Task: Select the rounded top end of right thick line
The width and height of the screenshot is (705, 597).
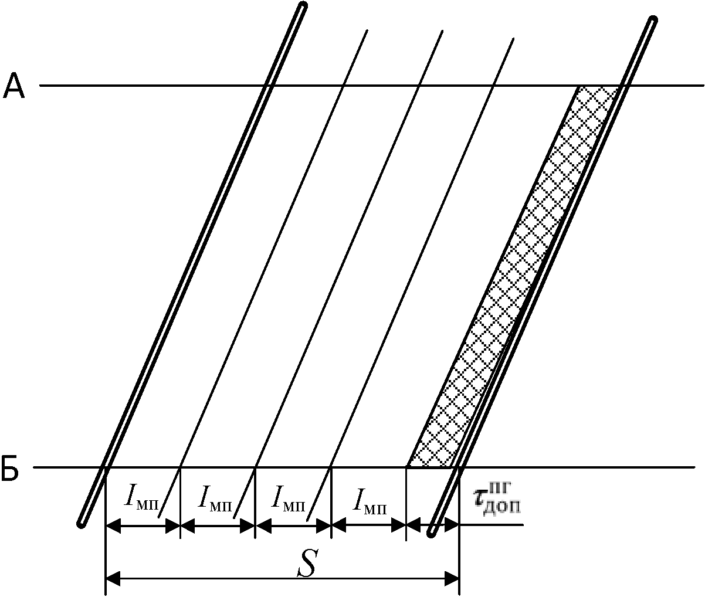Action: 653,21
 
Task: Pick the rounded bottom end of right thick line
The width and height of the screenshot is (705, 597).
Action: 432,532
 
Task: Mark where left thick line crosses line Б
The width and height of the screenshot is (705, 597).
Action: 105,467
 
